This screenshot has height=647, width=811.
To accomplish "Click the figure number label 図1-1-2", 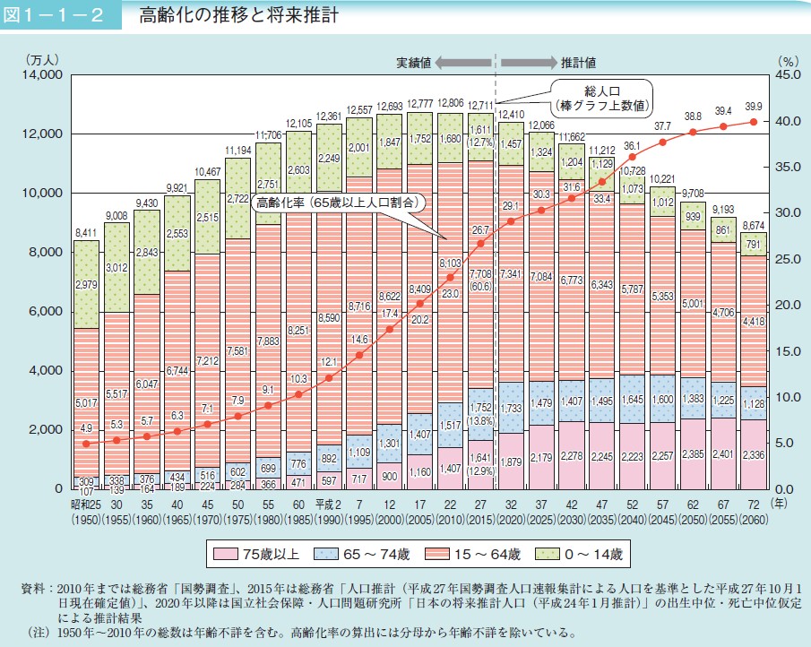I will point(60,16).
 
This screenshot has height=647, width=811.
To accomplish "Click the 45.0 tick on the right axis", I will point(781,75).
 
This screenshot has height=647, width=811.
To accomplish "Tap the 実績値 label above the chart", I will point(414,63).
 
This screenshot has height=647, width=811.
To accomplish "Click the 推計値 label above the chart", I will point(579,63).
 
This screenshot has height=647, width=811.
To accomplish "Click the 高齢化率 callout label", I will point(337,203).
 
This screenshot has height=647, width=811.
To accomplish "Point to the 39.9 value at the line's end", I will point(754,107).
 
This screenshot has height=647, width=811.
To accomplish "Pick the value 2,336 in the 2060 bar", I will point(753,454).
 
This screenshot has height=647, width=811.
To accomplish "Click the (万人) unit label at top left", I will point(42,61).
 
